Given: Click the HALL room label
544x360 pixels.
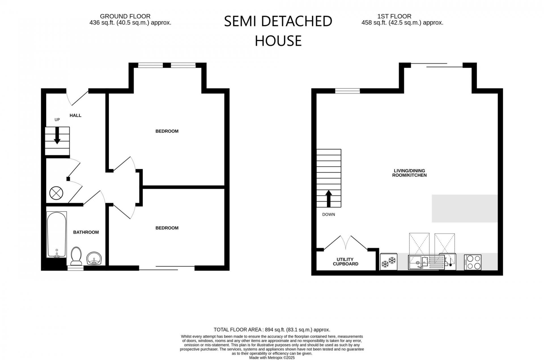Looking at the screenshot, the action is [75, 115].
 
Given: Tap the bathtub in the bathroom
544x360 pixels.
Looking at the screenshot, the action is [57, 235].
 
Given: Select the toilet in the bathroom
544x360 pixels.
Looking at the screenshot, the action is [76, 256].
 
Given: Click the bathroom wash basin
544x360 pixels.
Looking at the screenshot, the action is [94, 259].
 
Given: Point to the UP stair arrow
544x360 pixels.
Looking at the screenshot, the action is [57, 135].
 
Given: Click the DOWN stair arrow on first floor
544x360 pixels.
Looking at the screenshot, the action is [329, 199].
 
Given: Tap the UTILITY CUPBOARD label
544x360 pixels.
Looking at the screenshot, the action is [345, 262].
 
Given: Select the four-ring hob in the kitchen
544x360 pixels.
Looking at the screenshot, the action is [473, 262].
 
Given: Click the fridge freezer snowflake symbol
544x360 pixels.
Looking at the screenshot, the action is [388, 262].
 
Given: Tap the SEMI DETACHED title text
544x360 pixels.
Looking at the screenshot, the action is [278, 22].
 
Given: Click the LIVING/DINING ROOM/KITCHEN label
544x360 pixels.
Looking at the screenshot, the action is [409, 173].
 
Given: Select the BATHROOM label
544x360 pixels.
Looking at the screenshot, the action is [86, 232].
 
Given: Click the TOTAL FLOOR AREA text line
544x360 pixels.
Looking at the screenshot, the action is [272, 330].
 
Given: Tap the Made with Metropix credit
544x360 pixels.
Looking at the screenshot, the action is [272, 358].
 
